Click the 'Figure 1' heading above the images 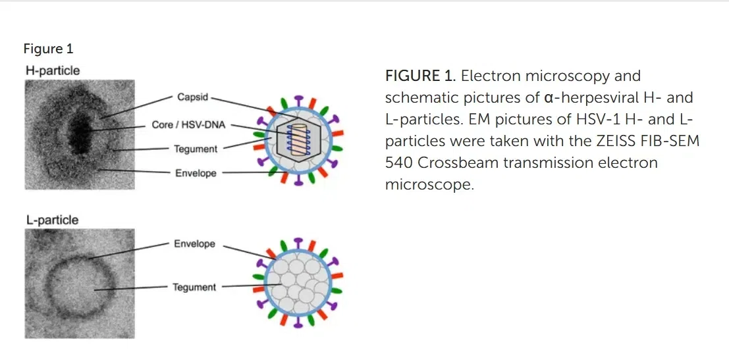point(48,49)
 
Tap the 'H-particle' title point(52,70)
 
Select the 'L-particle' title point(51,220)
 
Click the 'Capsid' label point(192,97)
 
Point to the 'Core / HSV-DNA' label point(189,125)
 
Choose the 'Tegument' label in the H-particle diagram point(196,149)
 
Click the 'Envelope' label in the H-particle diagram point(196,173)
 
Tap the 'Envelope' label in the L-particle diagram point(194,244)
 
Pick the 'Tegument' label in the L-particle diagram point(194,287)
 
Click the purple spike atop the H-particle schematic point(298,101)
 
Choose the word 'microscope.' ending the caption point(429,186)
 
